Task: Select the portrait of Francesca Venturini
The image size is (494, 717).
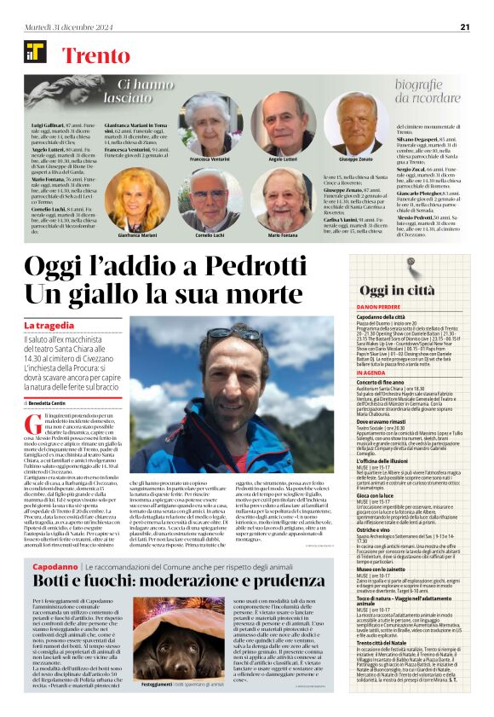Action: [210, 124]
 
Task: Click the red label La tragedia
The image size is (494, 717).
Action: [54, 326]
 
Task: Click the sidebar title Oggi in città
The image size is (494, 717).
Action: [397, 291]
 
